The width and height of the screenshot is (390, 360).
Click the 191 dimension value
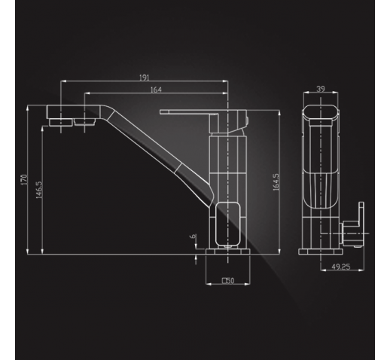[x=144, y=78]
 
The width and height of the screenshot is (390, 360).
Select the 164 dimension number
[x=156, y=90]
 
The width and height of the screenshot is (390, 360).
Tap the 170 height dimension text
[x=24, y=180]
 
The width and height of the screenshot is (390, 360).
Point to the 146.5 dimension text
[x=39, y=190]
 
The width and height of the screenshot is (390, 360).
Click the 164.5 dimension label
[x=276, y=182]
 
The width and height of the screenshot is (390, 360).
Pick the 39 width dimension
[x=321, y=89]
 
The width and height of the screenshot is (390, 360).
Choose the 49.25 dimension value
[x=341, y=267]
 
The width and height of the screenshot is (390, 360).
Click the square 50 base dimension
[x=228, y=280]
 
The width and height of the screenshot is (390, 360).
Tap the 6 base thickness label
[x=193, y=236]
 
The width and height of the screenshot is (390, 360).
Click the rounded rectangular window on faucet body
[x=227, y=224]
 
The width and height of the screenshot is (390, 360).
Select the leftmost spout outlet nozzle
[x=60, y=122]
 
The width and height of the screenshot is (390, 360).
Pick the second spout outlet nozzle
[x=85, y=122]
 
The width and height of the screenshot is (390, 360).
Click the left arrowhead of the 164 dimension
[x=87, y=93]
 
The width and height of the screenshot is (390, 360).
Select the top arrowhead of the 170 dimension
[x=28, y=108]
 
